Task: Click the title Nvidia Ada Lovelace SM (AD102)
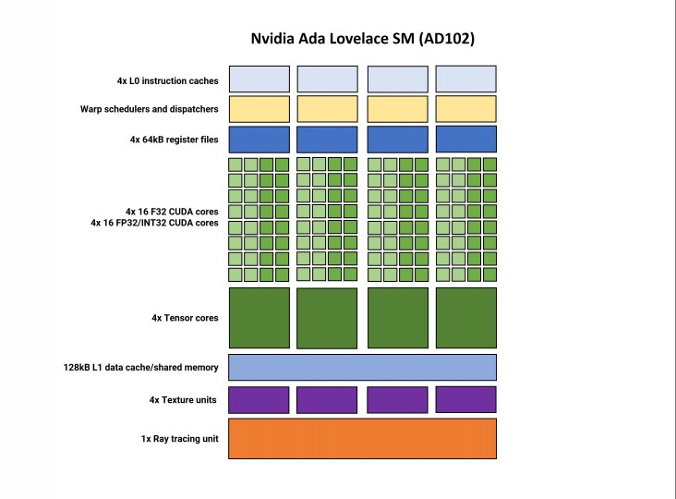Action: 363,39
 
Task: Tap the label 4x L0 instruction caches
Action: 168,80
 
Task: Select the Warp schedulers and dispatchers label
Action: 150,109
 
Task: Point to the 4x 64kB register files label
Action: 175,140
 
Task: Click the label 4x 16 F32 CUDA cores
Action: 172,212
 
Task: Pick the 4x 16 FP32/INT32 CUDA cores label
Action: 154,223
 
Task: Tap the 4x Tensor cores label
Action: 185,318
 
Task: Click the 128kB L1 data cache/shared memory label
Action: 141,368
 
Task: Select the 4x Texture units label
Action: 183,400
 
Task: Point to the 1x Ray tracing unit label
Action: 180,439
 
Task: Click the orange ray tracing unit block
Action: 362,439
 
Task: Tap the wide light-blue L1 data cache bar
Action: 362,368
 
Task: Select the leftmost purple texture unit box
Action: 259,400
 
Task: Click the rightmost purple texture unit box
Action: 466,399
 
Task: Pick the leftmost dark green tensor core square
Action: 260,318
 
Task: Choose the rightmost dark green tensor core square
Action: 466,318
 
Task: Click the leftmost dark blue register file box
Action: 260,140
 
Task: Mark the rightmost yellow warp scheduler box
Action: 466,109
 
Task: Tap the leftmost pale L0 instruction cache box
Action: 260,79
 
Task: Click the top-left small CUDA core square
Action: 235,164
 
